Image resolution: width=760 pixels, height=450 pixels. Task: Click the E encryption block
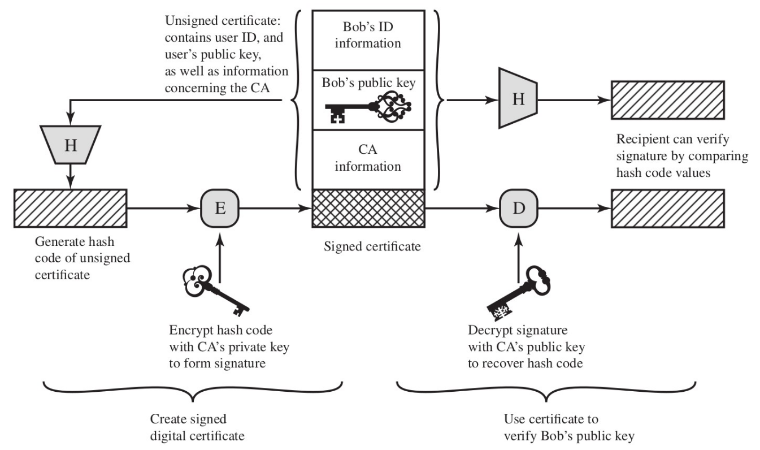[220, 209]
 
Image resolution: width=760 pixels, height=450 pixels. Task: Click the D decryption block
[519, 209]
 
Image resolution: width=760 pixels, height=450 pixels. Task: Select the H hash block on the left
[70, 145]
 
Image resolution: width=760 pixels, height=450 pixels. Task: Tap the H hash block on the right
[518, 98]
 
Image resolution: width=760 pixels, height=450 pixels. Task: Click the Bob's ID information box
[367, 35]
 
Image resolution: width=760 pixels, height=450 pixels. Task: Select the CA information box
[367, 159]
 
